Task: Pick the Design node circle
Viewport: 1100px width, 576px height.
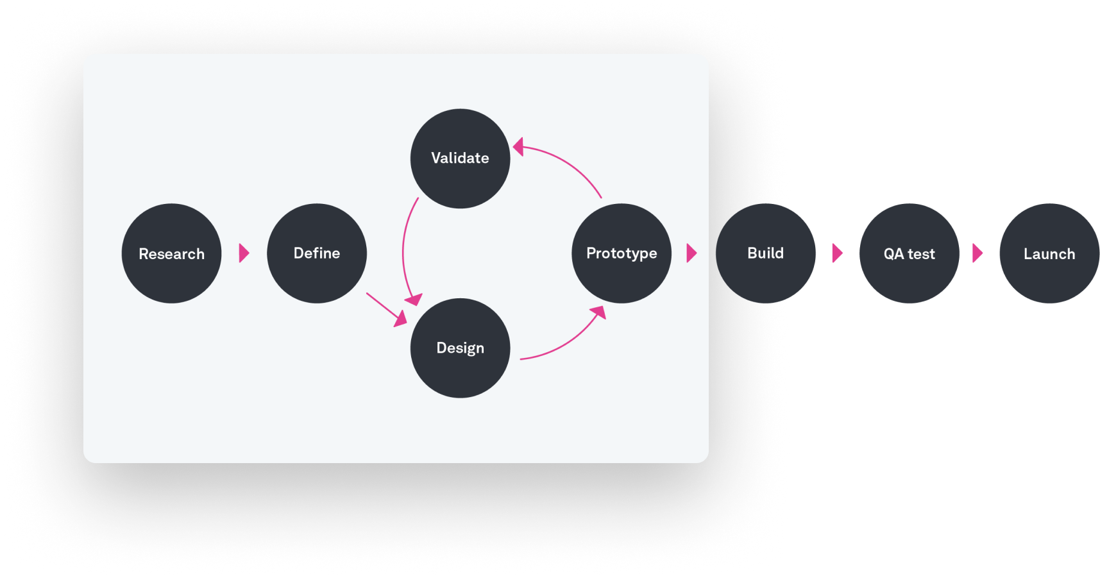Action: click(460, 372)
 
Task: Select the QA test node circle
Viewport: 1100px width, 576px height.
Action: click(909, 279)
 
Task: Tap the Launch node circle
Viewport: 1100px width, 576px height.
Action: click(1049, 279)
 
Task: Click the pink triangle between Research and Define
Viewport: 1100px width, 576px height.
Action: click(243, 253)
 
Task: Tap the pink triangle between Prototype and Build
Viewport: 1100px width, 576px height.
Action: click(691, 253)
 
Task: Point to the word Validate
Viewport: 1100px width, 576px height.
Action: click(460, 158)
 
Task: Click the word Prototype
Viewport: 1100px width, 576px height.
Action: click(621, 253)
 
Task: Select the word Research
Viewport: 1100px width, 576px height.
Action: click(171, 254)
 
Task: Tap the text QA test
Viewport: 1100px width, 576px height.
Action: click(909, 254)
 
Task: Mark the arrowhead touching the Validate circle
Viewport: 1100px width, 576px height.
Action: click(518, 147)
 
